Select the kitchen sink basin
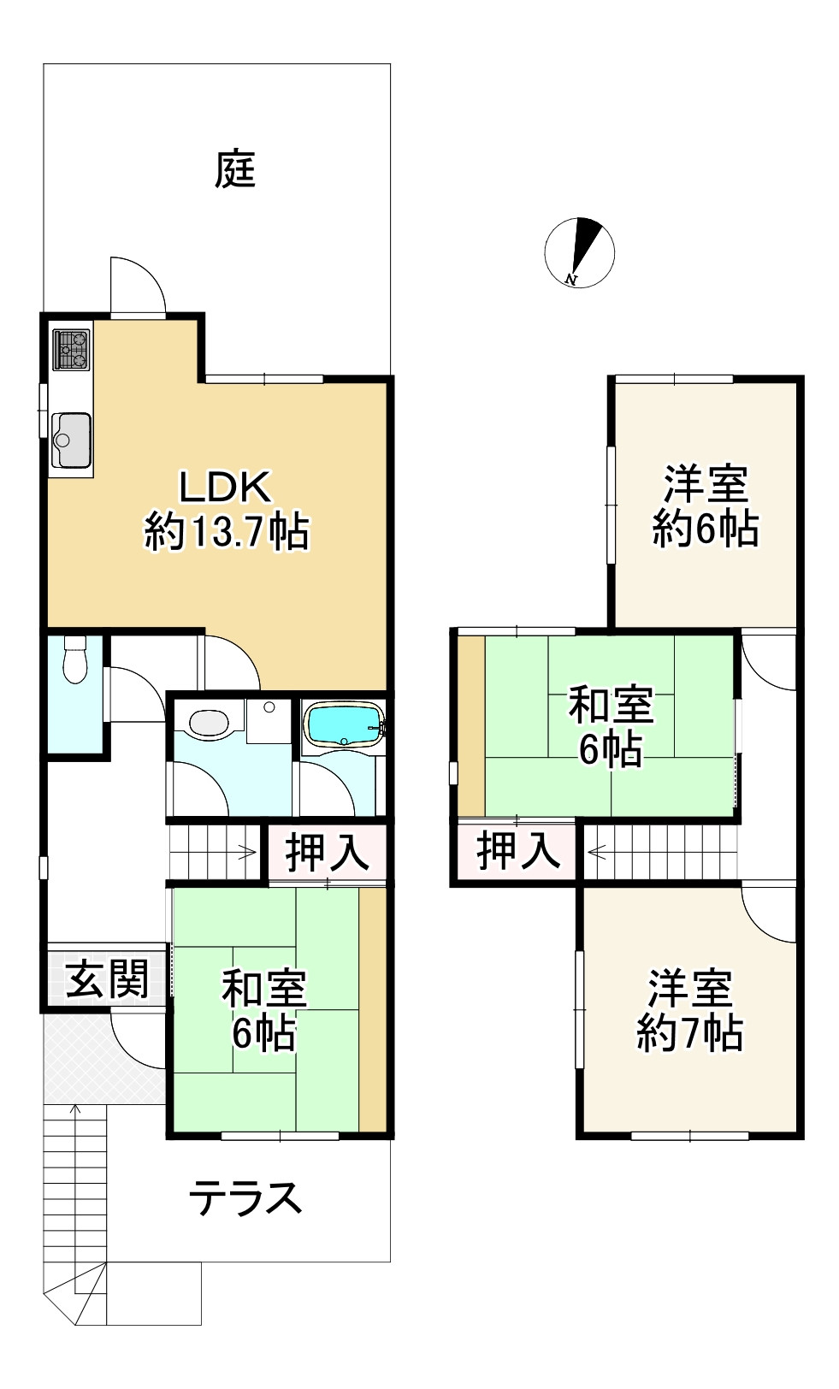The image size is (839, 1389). pyautogui.click(x=71, y=437)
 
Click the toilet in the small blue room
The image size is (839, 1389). pyautogui.click(x=74, y=660)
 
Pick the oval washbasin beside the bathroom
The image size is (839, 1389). pyautogui.click(x=209, y=724)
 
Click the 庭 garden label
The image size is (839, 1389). pyautogui.click(x=234, y=168)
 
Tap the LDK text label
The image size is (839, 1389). pyautogui.click(x=224, y=488)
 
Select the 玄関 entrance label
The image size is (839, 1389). pyautogui.click(x=108, y=978)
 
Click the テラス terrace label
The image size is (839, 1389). pyautogui.click(x=245, y=1198)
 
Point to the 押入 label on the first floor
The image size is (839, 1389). pyautogui.click(x=327, y=853)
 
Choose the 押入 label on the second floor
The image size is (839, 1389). pyautogui.click(x=517, y=851)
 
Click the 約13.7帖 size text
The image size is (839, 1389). pyautogui.click(x=227, y=532)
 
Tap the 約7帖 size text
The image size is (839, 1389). pyautogui.click(x=689, y=1034)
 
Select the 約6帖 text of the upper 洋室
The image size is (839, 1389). pyautogui.click(x=705, y=529)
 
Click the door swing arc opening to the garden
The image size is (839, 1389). pyautogui.click(x=137, y=284)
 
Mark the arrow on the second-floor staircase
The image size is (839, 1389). pyautogui.click(x=596, y=852)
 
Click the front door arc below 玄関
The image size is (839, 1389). pyautogui.click(x=137, y=1039)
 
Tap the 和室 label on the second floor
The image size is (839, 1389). pyautogui.click(x=611, y=706)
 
